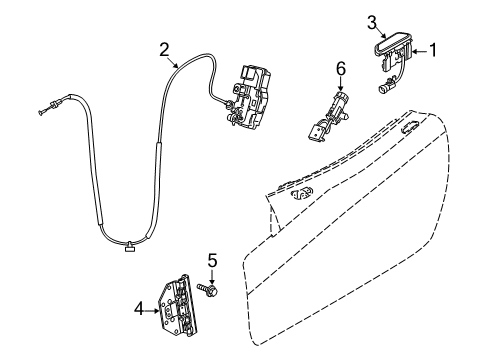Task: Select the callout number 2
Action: coord(164,47)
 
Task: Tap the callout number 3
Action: coord(371,20)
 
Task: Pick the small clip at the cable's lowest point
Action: coord(130,247)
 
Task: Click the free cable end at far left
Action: coord(44,110)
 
